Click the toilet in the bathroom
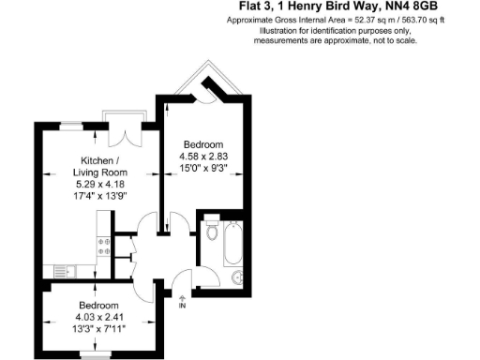[x=212, y=230]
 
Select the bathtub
[x=232, y=243]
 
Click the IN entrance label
[x=183, y=307]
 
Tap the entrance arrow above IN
[x=183, y=297]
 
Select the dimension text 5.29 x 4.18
[x=100, y=185]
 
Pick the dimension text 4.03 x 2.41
[x=97, y=317]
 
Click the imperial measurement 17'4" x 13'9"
[x=100, y=197]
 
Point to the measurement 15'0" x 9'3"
[x=202, y=168]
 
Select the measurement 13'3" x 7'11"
[x=97, y=329]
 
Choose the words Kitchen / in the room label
[x=100, y=160]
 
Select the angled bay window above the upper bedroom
[x=204, y=82]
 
